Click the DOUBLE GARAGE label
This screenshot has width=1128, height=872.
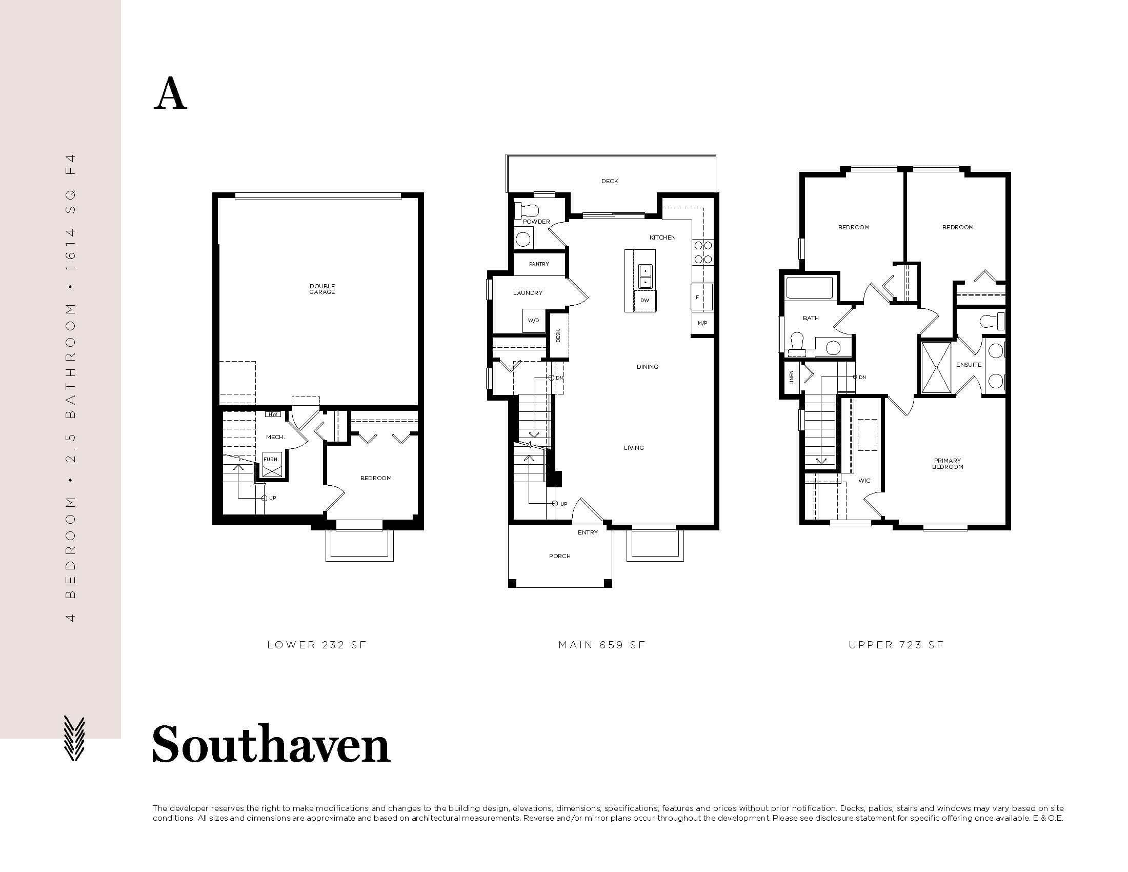323,289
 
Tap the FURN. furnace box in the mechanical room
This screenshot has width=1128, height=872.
272,465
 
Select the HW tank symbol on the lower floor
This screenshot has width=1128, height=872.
272,414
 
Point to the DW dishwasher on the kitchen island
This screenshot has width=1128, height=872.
644,301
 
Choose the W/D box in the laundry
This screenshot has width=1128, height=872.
534,321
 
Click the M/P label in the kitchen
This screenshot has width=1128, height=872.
702,323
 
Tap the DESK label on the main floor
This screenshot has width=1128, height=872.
558,336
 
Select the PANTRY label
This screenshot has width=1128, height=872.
539,264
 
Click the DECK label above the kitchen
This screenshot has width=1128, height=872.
610,181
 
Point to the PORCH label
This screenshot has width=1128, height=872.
560,557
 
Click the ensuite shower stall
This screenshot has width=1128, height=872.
936,367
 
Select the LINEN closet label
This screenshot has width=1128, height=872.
791,378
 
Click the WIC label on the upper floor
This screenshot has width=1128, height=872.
864,481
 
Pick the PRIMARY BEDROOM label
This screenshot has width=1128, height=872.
948,464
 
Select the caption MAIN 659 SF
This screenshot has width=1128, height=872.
602,645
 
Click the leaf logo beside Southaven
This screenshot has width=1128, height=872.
73,738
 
